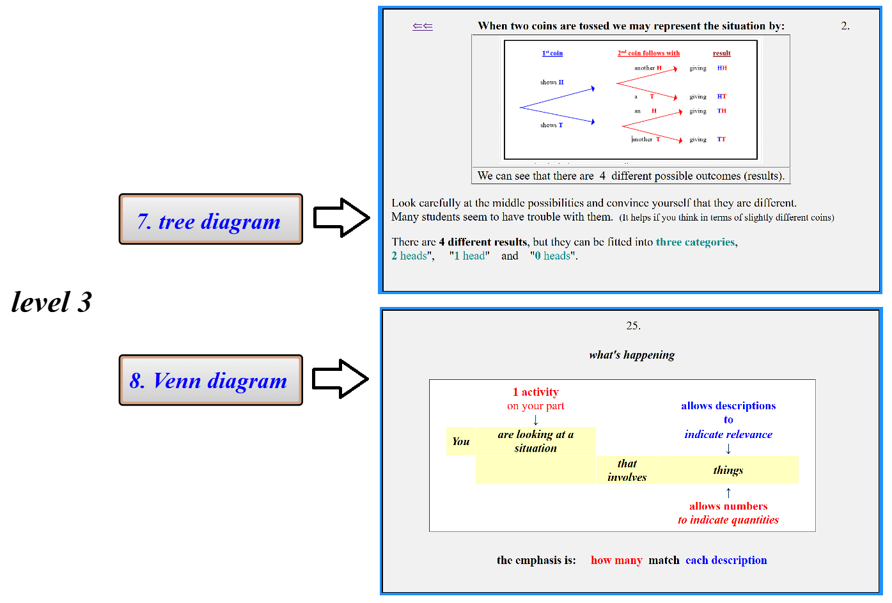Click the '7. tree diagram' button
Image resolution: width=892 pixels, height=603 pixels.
click(210, 219)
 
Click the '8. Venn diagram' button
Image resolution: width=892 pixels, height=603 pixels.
click(210, 380)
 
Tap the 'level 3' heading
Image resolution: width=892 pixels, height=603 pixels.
click(52, 302)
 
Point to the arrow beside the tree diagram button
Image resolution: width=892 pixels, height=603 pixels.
click(341, 218)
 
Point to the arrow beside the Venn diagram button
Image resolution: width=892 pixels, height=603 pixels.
click(340, 379)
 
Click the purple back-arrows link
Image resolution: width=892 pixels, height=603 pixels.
click(423, 26)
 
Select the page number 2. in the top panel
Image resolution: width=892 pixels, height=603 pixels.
click(845, 26)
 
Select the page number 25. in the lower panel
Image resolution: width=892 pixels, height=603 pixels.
click(633, 325)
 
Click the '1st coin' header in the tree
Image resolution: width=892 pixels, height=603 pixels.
click(552, 53)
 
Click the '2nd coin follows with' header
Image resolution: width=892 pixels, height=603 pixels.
click(648, 53)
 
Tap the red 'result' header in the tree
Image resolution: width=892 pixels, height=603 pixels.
click(721, 53)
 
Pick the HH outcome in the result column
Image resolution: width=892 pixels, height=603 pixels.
click(722, 68)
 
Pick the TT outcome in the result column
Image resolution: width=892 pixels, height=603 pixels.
click(721, 139)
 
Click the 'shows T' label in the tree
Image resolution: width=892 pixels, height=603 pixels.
click(551, 125)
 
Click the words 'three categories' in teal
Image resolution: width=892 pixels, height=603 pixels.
click(695, 242)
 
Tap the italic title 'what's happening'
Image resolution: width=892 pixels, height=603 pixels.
click(632, 355)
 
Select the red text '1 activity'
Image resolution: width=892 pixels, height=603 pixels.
click(535, 392)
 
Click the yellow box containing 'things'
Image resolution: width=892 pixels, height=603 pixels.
click(728, 470)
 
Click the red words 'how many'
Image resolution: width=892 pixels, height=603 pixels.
click(616, 560)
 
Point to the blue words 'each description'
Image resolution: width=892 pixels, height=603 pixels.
click(726, 560)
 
